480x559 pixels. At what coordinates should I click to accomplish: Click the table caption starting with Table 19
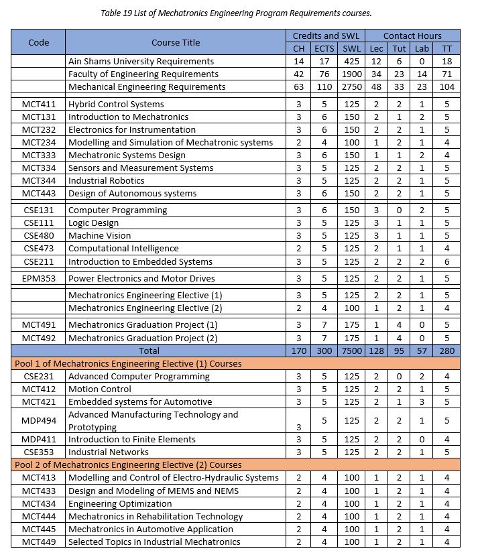(239, 13)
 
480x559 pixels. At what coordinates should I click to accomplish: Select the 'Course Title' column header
(176, 42)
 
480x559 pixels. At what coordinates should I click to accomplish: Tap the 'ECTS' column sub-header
(324, 48)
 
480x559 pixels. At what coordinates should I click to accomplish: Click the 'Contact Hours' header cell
(412, 36)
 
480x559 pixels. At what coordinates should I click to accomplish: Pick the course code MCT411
(39, 105)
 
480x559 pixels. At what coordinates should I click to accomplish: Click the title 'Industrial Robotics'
(107, 181)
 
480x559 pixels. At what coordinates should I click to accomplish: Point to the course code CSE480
(39, 236)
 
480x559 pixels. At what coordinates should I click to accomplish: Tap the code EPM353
(39, 279)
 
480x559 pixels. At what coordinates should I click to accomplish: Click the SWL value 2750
(351, 87)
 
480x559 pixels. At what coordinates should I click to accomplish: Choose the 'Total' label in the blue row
(149, 351)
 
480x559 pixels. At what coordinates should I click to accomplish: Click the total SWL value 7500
(351, 351)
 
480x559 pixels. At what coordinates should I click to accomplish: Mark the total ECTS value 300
(324, 351)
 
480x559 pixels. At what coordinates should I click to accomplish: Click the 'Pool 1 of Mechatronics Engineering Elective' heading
(128, 363)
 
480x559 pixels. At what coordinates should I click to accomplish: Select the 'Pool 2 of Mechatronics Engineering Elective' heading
(128, 464)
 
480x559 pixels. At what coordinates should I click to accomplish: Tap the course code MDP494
(39, 421)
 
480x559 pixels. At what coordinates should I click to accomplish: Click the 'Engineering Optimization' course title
(120, 503)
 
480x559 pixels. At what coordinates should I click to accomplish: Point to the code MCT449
(39, 542)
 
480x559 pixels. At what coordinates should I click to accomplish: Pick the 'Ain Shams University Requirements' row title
(141, 62)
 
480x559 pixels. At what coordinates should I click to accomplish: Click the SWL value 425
(351, 62)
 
